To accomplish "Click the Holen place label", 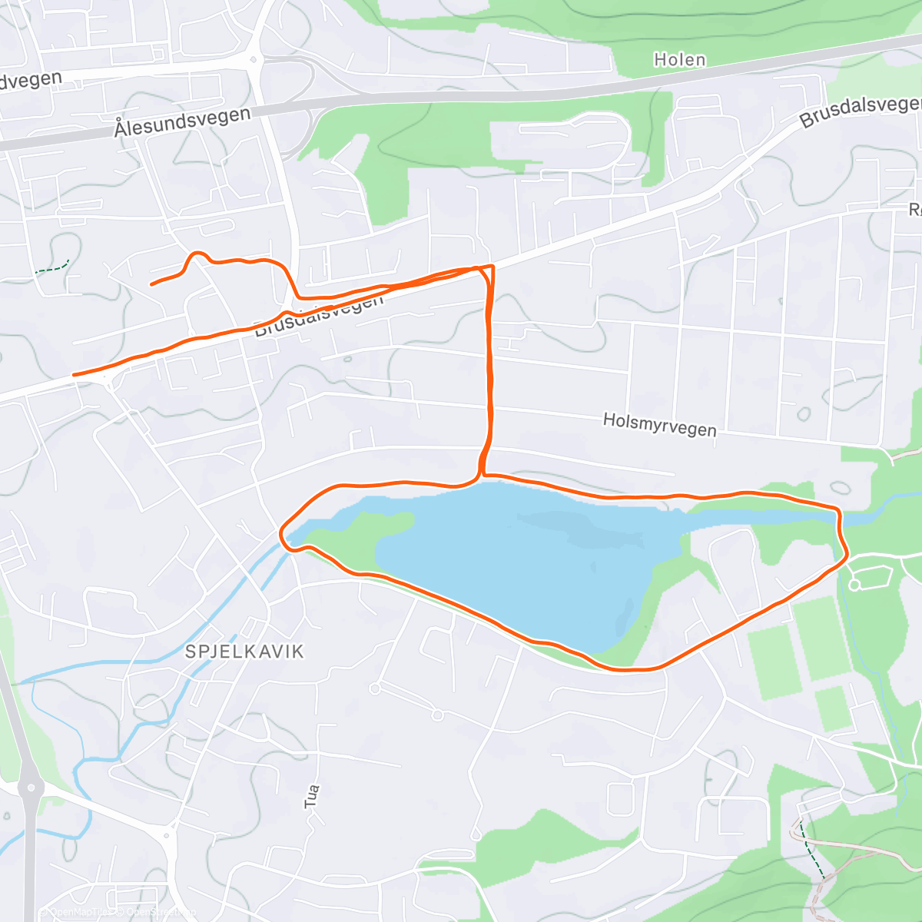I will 679,60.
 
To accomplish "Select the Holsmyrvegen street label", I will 659,424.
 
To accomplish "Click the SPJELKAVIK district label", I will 245,652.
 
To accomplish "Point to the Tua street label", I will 312,796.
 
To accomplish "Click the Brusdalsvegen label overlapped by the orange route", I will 318,316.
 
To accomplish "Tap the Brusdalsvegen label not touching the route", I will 860,112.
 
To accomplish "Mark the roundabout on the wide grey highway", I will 30,787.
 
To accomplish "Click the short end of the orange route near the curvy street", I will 152,284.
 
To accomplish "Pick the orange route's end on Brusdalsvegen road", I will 75,375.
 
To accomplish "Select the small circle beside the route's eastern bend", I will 854,585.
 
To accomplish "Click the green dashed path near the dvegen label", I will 52,268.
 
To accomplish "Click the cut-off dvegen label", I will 31,81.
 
